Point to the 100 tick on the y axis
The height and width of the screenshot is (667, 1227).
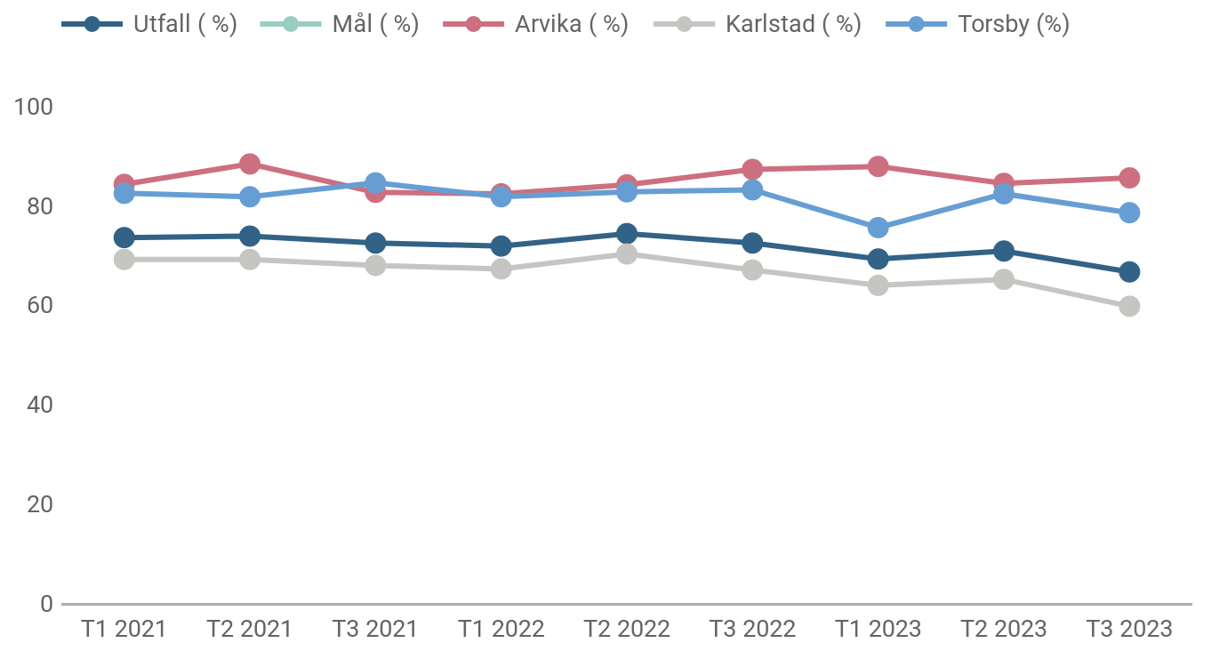[x=34, y=107]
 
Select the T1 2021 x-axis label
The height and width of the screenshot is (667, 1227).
[x=124, y=630]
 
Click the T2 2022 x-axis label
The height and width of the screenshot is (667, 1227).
[x=627, y=630]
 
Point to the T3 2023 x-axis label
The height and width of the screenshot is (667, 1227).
[x=1129, y=630]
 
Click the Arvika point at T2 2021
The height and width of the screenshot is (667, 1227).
[x=250, y=164]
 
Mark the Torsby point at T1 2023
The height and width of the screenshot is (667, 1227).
[x=878, y=228]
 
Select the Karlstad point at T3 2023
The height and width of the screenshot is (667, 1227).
[x=1129, y=306]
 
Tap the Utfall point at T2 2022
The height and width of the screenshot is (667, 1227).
[x=627, y=234]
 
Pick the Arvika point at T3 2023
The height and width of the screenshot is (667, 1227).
[x=1129, y=178]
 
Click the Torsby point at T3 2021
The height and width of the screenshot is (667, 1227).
[x=375, y=183]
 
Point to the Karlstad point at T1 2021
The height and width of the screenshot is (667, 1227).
[x=124, y=260]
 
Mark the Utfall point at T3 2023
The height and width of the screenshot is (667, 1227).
[x=1129, y=272]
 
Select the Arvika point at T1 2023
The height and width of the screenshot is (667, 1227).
[x=878, y=166]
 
